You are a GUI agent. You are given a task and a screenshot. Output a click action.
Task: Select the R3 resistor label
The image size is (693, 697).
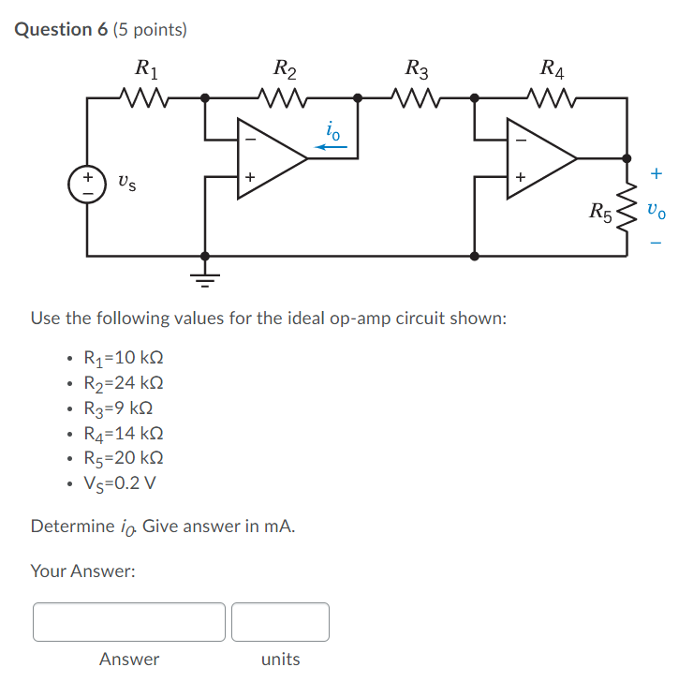pos(417,67)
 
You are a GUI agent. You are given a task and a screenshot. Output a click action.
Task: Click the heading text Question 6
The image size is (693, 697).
pos(62,30)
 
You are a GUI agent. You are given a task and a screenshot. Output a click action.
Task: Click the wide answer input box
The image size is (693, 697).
pos(129,622)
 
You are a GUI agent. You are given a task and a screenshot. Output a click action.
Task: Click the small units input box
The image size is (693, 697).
pos(280,622)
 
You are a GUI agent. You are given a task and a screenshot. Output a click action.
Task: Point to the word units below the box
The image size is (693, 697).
pos(280,660)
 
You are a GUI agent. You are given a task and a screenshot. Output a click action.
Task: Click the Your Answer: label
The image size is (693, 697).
pos(82,571)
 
